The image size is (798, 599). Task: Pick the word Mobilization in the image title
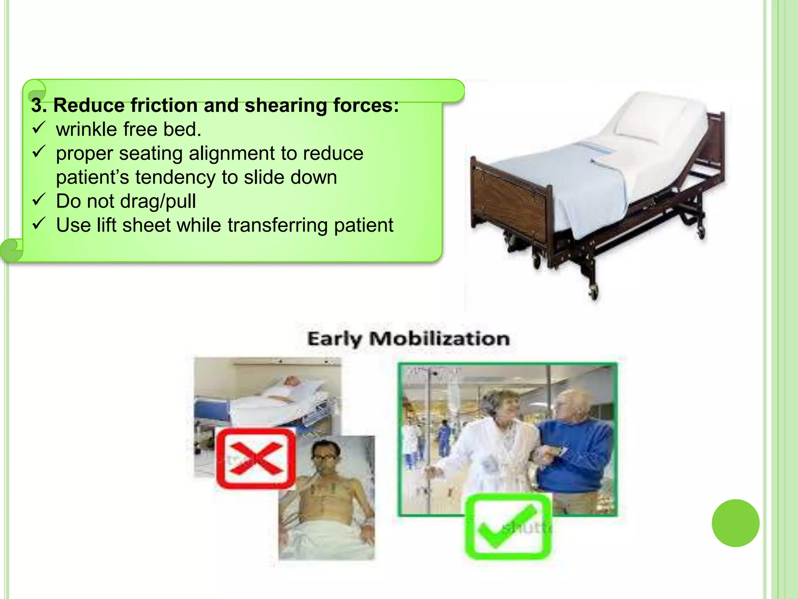coord(440,338)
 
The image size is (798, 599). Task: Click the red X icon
coord(256,459)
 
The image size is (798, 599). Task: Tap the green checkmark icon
coord(508,526)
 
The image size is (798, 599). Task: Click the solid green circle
coord(735,523)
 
